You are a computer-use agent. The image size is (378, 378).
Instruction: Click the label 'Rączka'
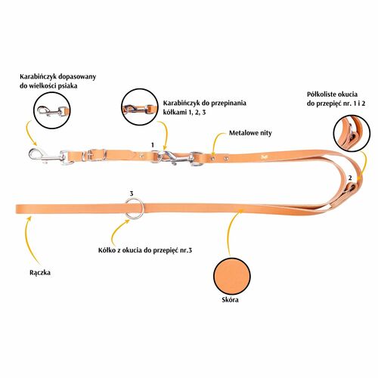(40, 273)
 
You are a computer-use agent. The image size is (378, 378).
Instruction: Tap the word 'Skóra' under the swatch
(230, 299)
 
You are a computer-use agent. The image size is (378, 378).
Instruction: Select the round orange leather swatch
(232, 276)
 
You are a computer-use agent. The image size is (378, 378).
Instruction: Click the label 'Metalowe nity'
(250, 133)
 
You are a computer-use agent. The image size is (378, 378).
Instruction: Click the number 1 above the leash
(152, 145)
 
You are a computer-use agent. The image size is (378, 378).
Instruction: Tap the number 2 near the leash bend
(350, 178)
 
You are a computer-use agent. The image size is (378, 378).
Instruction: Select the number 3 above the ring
(132, 194)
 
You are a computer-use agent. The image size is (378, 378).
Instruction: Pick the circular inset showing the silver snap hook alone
(52, 111)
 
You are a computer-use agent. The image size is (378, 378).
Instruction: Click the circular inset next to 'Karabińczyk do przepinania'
(139, 107)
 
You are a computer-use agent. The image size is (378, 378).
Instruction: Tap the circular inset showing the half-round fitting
(352, 133)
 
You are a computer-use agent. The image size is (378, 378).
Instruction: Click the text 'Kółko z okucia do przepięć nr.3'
(145, 250)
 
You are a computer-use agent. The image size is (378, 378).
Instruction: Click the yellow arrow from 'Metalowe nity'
(217, 141)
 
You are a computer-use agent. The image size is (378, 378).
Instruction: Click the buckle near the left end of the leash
(95, 155)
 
